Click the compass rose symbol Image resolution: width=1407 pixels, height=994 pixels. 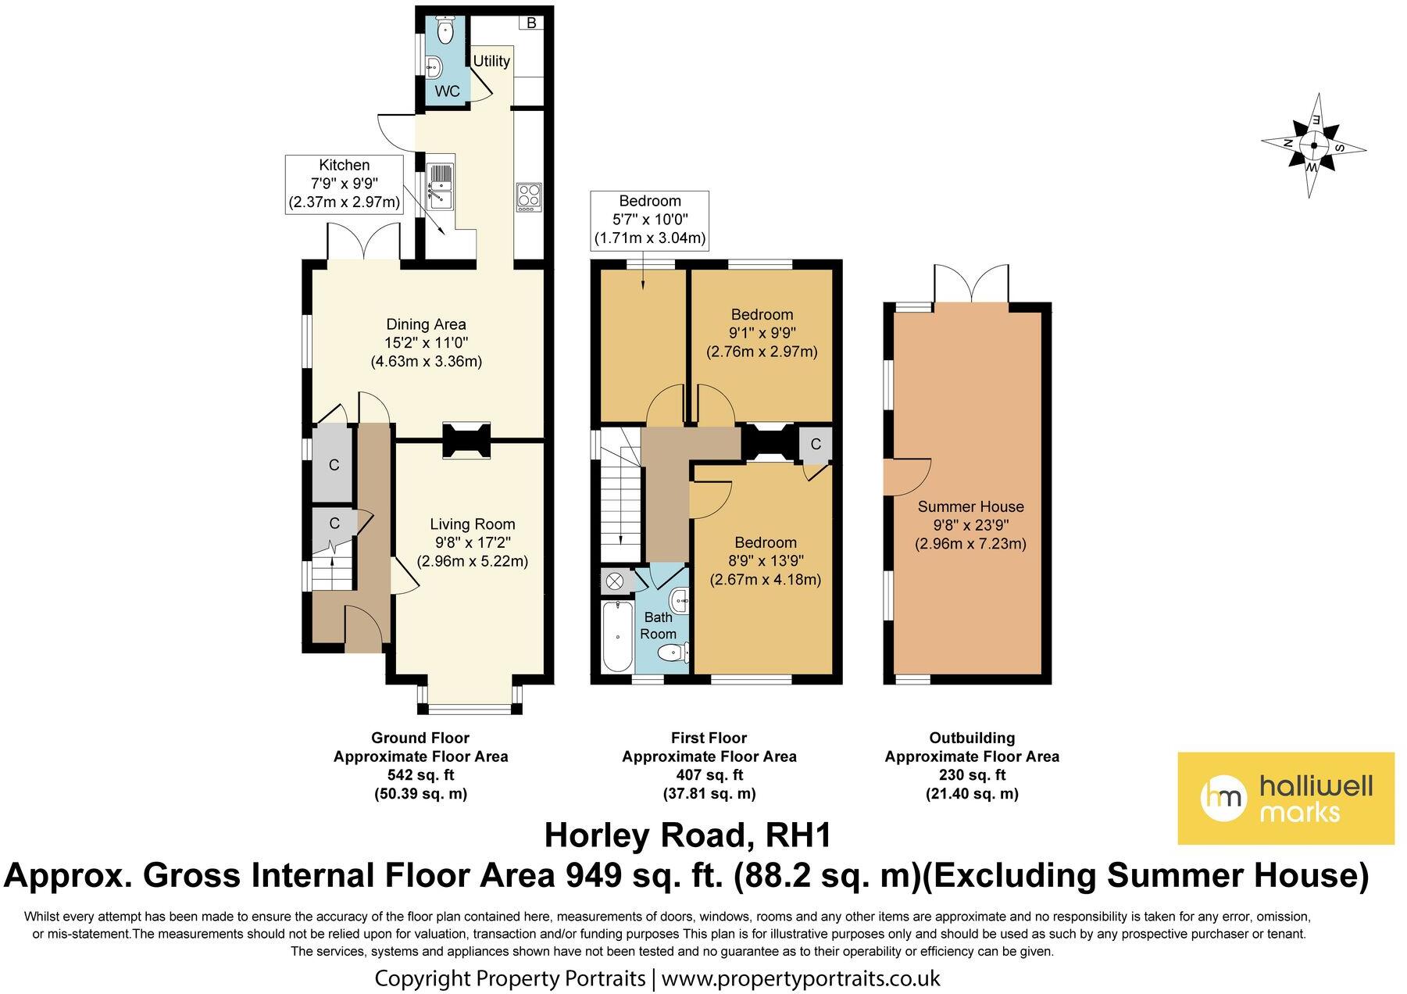(1314, 145)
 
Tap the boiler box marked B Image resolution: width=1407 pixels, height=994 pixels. (531, 23)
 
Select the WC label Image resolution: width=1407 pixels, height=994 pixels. (448, 91)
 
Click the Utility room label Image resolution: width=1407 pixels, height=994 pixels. (491, 61)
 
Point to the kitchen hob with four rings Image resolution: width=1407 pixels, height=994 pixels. (528, 195)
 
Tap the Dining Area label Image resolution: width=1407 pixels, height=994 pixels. (426, 324)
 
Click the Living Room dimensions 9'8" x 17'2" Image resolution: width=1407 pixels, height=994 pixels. (473, 543)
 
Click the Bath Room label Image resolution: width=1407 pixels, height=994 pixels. (659, 625)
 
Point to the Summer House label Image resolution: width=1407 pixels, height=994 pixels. (970, 506)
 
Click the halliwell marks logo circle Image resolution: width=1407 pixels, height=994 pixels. (1223, 798)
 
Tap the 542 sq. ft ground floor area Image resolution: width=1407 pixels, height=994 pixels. (420, 775)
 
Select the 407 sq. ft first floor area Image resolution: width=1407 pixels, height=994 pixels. (709, 775)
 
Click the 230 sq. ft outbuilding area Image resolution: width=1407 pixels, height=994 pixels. (972, 775)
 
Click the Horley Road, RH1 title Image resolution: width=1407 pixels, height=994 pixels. (687, 835)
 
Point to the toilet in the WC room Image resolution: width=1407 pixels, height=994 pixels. (445, 32)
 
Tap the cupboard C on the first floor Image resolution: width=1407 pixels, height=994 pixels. (816, 445)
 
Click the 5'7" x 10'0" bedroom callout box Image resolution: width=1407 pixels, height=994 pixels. (650, 220)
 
